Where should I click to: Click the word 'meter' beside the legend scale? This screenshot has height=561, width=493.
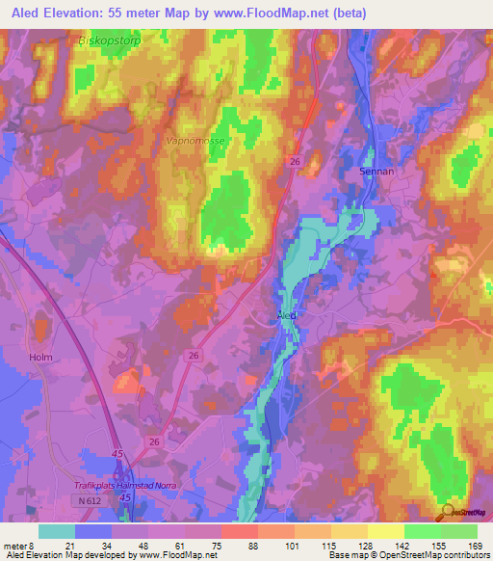point(15,547)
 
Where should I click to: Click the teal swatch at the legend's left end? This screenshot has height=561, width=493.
point(57,531)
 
